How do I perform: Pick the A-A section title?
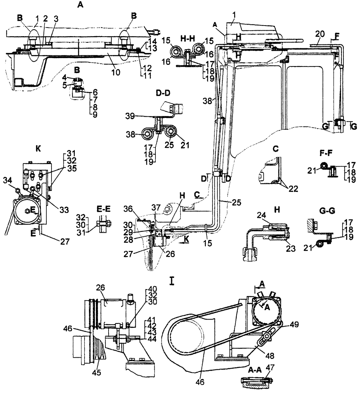tap(248, 369)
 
